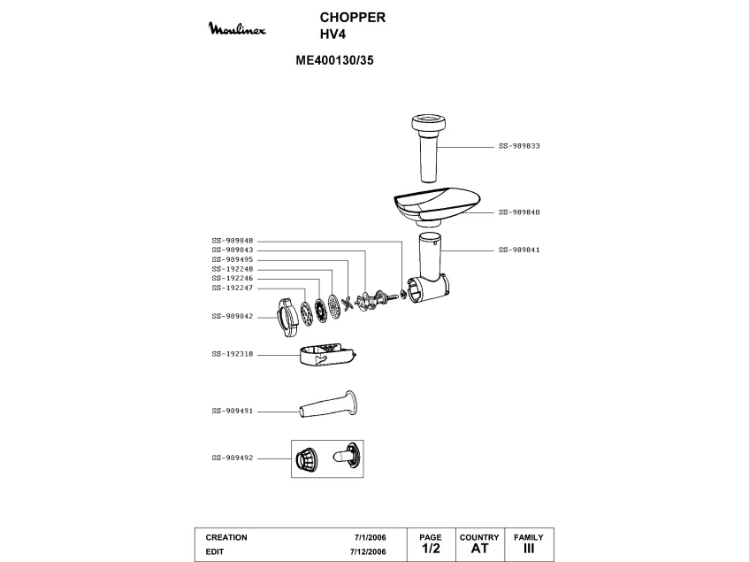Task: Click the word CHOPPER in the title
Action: click(352, 18)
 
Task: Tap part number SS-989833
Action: click(519, 145)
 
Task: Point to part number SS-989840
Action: click(519, 212)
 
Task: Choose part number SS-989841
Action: click(519, 250)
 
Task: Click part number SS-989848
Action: click(233, 241)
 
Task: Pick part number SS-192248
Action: click(233, 269)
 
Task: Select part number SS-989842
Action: click(233, 316)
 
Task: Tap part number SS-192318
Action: click(233, 354)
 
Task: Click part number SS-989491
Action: click(233, 411)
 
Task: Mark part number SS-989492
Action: click(233, 458)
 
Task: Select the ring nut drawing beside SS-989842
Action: click(287, 317)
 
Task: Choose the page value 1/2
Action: click(431, 549)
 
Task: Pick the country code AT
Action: click(479, 549)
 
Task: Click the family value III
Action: click(529, 549)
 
